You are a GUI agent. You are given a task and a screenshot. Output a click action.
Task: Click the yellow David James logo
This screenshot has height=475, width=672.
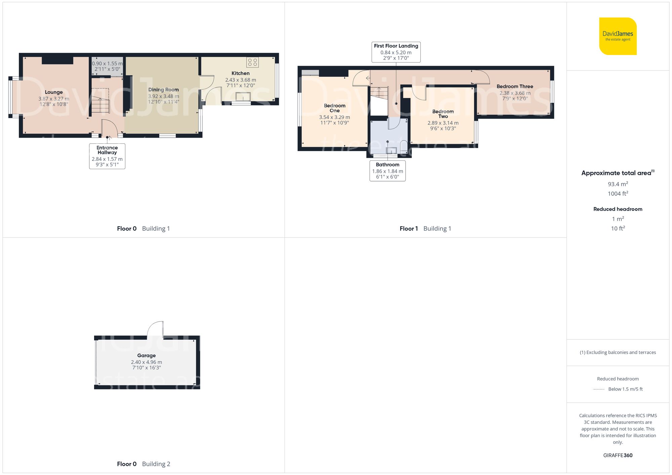click(618, 36)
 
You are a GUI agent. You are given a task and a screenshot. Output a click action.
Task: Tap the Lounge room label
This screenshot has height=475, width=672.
click(54, 92)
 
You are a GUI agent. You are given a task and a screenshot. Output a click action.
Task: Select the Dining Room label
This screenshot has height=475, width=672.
click(164, 90)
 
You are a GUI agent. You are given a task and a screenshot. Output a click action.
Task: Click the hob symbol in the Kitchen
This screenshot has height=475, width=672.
click(252, 62)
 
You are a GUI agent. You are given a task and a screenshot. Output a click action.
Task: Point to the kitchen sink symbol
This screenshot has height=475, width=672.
click(243, 97)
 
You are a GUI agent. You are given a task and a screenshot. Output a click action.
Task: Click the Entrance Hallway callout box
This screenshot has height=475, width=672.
click(107, 156)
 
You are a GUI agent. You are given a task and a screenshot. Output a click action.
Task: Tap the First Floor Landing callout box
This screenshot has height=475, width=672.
click(396, 52)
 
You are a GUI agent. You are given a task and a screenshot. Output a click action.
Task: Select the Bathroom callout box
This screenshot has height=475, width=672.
click(387, 171)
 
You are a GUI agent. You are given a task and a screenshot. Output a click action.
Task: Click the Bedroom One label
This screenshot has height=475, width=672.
click(335, 108)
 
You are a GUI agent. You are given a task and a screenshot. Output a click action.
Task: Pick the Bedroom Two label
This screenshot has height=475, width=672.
click(443, 114)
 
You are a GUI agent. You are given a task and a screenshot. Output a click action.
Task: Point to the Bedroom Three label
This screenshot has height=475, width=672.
click(515, 87)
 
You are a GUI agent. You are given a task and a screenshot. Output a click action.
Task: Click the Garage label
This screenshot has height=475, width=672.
click(146, 355)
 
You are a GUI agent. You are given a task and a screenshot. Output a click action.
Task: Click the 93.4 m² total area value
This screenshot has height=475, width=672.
click(618, 184)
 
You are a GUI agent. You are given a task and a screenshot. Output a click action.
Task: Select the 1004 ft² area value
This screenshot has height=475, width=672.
click(618, 193)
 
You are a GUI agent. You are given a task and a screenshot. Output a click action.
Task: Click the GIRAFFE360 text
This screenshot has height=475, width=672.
click(618, 456)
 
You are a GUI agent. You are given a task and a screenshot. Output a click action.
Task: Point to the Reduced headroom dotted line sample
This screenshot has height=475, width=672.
click(599, 389)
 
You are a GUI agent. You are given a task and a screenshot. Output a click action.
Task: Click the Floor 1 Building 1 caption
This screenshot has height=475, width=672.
click(425, 229)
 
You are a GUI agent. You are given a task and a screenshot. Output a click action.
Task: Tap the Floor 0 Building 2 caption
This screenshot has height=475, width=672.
click(143, 464)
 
